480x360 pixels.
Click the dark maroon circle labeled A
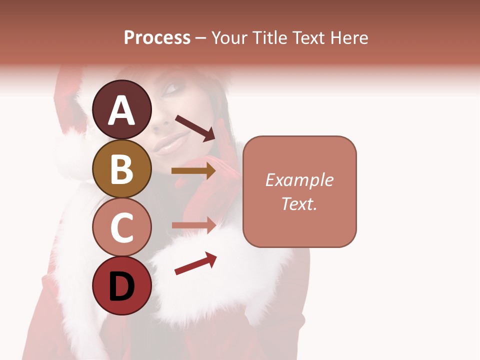click(122, 109)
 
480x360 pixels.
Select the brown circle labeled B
click(122, 168)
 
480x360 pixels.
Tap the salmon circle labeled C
click(122, 227)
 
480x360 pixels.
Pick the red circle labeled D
click(122, 285)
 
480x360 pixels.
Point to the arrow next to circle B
click(193, 171)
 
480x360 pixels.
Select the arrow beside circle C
click(193, 225)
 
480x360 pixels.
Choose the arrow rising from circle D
click(195, 263)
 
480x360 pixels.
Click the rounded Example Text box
click(299, 191)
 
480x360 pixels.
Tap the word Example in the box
click(299, 180)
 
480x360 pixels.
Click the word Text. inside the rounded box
click(299, 203)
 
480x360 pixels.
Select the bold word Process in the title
click(157, 37)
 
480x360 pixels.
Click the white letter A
click(122, 110)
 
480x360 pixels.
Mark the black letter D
click(122, 287)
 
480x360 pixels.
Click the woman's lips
click(169, 145)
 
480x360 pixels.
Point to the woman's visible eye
click(171, 88)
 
